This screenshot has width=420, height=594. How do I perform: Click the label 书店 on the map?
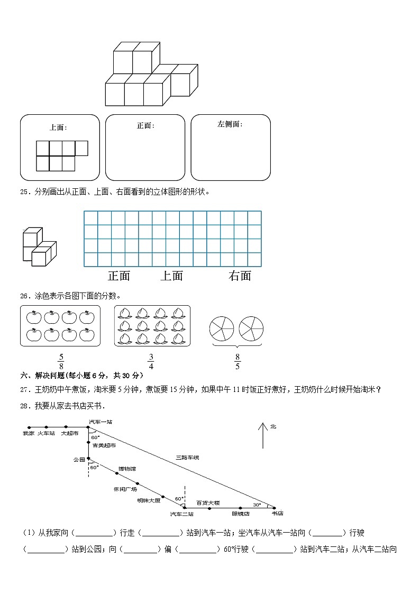click(277, 513)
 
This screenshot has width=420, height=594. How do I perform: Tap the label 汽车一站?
click(101, 422)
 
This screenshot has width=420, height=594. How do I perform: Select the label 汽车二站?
click(181, 514)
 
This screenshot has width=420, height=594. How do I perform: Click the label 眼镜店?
click(241, 513)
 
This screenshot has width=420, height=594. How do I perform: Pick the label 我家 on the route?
click(29, 433)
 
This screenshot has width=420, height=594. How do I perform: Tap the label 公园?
click(79, 460)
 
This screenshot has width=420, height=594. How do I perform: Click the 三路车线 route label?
click(188, 456)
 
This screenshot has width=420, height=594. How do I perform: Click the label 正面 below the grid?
click(119, 276)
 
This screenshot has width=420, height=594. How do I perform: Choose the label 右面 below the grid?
click(240, 276)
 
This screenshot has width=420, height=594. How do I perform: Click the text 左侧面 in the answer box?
click(230, 124)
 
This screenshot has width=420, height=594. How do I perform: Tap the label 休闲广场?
click(125, 489)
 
